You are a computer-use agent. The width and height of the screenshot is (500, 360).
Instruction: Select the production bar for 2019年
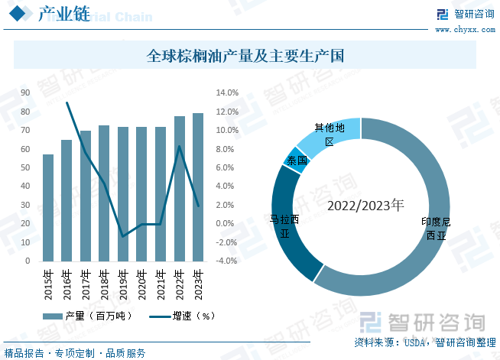coord(123,194)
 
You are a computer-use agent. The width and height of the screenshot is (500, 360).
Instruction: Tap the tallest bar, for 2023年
coord(198,187)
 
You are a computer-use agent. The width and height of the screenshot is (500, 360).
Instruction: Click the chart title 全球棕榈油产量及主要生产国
coord(245,56)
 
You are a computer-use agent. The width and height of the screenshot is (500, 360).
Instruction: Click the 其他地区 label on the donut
coord(330,135)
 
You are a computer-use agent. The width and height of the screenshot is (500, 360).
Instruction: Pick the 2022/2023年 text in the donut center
coord(365,206)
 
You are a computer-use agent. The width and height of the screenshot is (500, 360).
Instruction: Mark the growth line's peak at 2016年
coord(67,102)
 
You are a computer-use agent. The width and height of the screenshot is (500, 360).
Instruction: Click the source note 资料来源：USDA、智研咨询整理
coord(425,342)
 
